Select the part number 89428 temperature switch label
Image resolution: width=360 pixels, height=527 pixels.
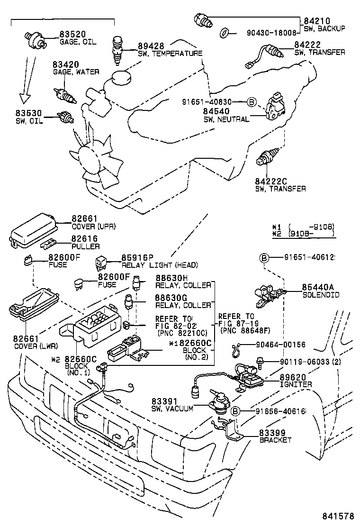pos(151,46)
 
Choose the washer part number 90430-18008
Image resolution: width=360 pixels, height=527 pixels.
pos(271,33)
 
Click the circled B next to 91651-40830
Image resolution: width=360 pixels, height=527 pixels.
pos(252,102)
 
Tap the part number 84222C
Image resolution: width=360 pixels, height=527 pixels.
pos(271,181)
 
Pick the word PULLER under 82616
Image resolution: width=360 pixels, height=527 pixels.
pos(86,246)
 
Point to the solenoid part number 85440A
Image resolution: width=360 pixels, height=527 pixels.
pos(318,287)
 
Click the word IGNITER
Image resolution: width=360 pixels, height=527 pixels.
pos(296,384)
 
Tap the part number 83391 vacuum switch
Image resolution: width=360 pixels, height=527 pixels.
pos(165,401)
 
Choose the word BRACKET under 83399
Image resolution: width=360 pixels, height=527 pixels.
pos(275,440)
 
